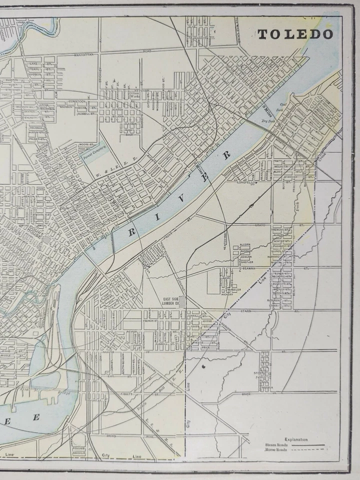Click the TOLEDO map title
(x=295, y=34)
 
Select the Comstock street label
(x=76, y=101)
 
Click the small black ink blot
(x=204, y=367)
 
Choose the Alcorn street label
(x=245, y=244)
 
